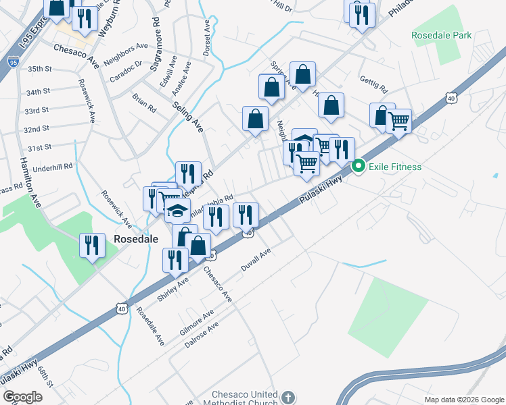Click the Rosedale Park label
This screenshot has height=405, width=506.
tap(440, 34)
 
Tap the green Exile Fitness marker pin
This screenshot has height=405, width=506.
tap(359, 166)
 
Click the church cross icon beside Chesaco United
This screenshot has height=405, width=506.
tap(288, 398)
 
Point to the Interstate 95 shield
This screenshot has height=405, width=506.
tap(13, 61)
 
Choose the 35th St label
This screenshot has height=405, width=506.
tap(40, 69)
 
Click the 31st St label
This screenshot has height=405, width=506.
tap(39, 147)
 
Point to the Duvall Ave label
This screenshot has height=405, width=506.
tap(256, 260)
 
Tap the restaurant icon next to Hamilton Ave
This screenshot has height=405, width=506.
tap(92, 244)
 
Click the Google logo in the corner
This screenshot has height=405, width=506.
tap(22, 397)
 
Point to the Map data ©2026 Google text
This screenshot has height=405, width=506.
tap(463, 400)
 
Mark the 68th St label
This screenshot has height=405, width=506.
tap(45, 375)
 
